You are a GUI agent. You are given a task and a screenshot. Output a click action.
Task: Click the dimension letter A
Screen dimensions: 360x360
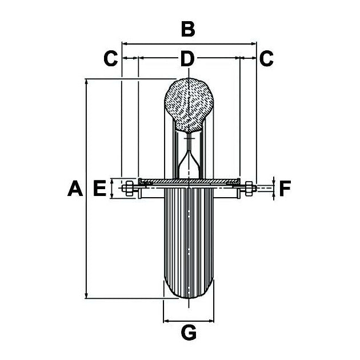pyautogui.click(x=74, y=188)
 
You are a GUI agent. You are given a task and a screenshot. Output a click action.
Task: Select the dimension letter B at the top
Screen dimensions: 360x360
pyautogui.click(x=188, y=29)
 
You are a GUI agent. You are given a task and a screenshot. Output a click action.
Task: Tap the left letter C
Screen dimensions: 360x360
pyautogui.click(x=110, y=58)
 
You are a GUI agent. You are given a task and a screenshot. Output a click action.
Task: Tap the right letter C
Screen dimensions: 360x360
pyautogui.click(x=266, y=58)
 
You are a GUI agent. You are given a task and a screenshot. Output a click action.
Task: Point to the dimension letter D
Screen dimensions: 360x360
pyautogui.click(x=188, y=58)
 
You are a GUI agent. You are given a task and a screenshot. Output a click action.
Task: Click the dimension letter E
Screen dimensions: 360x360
pyautogui.click(x=99, y=188)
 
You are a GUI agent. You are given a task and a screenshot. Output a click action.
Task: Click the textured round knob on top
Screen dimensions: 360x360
pyautogui.click(x=189, y=103)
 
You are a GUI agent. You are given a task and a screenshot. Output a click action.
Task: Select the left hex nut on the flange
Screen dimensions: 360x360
pyautogui.click(x=130, y=188)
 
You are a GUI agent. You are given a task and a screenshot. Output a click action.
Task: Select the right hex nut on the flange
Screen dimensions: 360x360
pyautogui.click(x=249, y=187)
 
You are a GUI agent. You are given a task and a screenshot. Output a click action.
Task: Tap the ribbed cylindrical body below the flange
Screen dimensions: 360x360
pyautogui.click(x=189, y=240)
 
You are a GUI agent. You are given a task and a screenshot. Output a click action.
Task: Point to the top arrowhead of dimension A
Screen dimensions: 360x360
pyautogui.click(x=86, y=82)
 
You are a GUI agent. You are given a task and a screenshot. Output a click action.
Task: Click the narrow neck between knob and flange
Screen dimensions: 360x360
pyautogui.click(x=189, y=157)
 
